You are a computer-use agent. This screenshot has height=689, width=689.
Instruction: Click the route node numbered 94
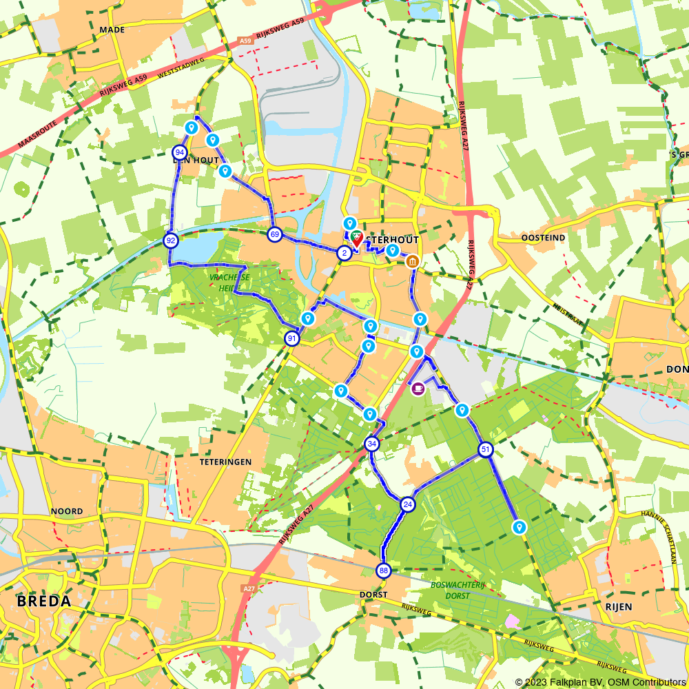(x=180, y=152)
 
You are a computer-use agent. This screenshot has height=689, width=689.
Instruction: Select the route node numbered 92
(x=170, y=240)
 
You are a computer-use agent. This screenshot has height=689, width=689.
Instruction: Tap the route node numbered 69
(x=275, y=234)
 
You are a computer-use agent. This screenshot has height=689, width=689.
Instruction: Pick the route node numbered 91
(x=292, y=338)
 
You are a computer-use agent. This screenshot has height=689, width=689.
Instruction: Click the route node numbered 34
(x=372, y=444)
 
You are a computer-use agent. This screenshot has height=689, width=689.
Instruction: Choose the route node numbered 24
(x=408, y=504)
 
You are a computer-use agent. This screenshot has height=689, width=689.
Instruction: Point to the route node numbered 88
(x=384, y=570)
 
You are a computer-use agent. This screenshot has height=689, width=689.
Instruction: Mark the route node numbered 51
(x=486, y=450)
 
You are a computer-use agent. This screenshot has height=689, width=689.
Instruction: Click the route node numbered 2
(x=343, y=253)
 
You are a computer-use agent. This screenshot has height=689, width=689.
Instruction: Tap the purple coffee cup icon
(x=418, y=389)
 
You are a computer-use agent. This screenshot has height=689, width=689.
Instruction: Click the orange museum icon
(x=412, y=261)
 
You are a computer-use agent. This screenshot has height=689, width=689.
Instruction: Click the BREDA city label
(x=44, y=601)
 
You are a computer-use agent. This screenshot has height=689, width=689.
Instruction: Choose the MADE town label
(x=112, y=30)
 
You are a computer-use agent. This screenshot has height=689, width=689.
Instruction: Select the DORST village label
(x=374, y=594)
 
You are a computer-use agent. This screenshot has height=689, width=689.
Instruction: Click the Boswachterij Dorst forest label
(x=451, y=590)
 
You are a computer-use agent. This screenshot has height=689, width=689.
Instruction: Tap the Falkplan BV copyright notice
(x=601, y=682)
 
